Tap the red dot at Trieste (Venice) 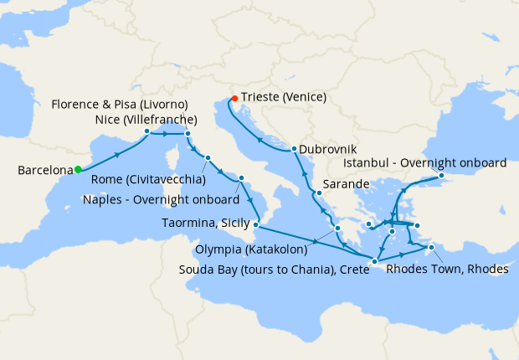coord(234,98)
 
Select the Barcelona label coord(44,171)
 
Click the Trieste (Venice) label coord(284,97)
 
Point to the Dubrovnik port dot coord(294,150)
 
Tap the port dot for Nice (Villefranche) coord(147,131)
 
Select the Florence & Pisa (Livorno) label coord(119,105)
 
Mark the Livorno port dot coord(188,133)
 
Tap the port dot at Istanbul coord(441,177)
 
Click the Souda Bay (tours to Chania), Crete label coord(274,269)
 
